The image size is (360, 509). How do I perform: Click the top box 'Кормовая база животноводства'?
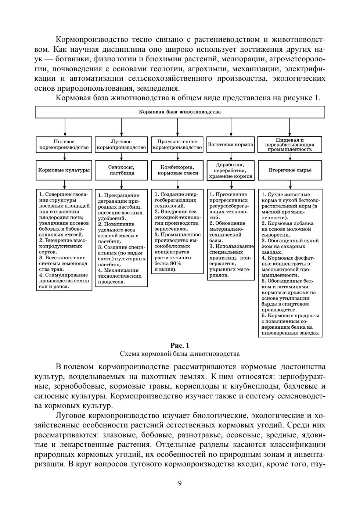pyautogui.click(x=180, y=112)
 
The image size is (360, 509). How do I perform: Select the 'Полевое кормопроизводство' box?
pyautogui.click(x=64, y=144)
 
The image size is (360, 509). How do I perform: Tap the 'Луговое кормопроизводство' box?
pyautogui.click(x=121, y=144)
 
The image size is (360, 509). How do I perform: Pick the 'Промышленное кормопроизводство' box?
pyautogui.click(x=177, y=144)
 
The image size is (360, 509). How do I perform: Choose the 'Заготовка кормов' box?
pyautogui.click(x=231, y=144)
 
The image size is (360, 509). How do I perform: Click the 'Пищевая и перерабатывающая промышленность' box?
pyautogui.click(x=290, y=144)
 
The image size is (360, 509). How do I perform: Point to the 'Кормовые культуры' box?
pyautogui.click(x=64, y=170)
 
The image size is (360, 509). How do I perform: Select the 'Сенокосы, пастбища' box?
pyautogui.click(x=121, y=170)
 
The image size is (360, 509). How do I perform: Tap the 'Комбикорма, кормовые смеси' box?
pyautogui.click(x=177, y=170)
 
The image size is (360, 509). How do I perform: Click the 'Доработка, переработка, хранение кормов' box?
pyautogui.click(x=231, y=170)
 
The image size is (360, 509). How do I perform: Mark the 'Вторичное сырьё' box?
pyautogui.click(x=290, y=170)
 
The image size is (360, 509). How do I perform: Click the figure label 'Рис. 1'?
pyautogui.click(x=180, y=346)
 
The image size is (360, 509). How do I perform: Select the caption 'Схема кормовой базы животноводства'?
pyautogui.click(x=180, y=354)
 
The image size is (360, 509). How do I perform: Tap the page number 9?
pyautogui.click(x=180, y=483)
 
